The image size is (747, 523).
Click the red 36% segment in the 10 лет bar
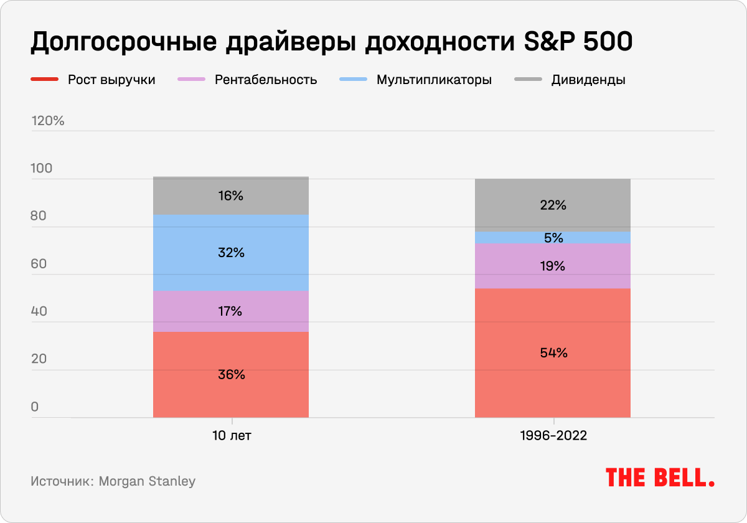pos(230,374)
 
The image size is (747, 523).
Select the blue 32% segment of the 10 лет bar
pos(230,253)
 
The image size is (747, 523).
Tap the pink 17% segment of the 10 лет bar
pos(230,311)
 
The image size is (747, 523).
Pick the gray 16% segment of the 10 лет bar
pos(230,196)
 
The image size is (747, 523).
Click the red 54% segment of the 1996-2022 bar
pos(552,352)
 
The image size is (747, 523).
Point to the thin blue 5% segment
pos(552,238)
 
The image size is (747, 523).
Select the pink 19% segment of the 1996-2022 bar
pos(552,266)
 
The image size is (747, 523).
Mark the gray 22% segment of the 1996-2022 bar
pos(552,205)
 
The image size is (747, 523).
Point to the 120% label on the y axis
pos(48,121)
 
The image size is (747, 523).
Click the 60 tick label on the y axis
pos(39,264)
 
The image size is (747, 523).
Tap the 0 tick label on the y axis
pos(35,407)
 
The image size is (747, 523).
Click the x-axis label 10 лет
pos(232,436)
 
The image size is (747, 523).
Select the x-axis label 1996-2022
pos(553,436)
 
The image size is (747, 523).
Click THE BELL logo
pos(660,478)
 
